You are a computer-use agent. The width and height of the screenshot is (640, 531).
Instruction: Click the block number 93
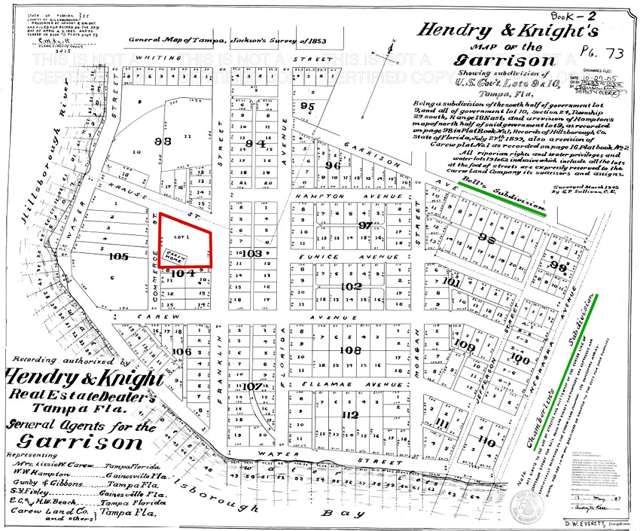(x=163, y=141)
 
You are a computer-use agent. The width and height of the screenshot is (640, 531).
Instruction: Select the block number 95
(x=306, y=106)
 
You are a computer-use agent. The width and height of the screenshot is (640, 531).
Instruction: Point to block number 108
(x=351, y=349)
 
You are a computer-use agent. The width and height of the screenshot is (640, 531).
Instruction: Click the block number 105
(x=118, y=256)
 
